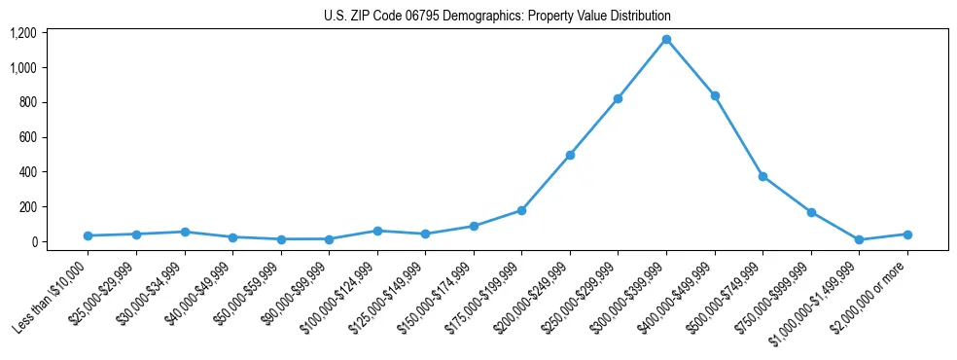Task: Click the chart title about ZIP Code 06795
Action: coord(497,17)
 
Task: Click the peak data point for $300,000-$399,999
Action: coord(666,39)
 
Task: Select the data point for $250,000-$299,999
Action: coord(618,98)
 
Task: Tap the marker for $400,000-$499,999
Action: coord(715,95)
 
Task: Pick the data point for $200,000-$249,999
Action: coord(570,155)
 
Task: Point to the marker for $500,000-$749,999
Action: coord(762,176)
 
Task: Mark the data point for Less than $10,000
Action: coord(88,235)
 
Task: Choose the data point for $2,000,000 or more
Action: coord(907,234)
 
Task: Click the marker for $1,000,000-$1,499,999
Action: coord(859,239)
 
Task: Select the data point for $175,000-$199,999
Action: coord(521,210)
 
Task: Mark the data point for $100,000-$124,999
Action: coord(377,231)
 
